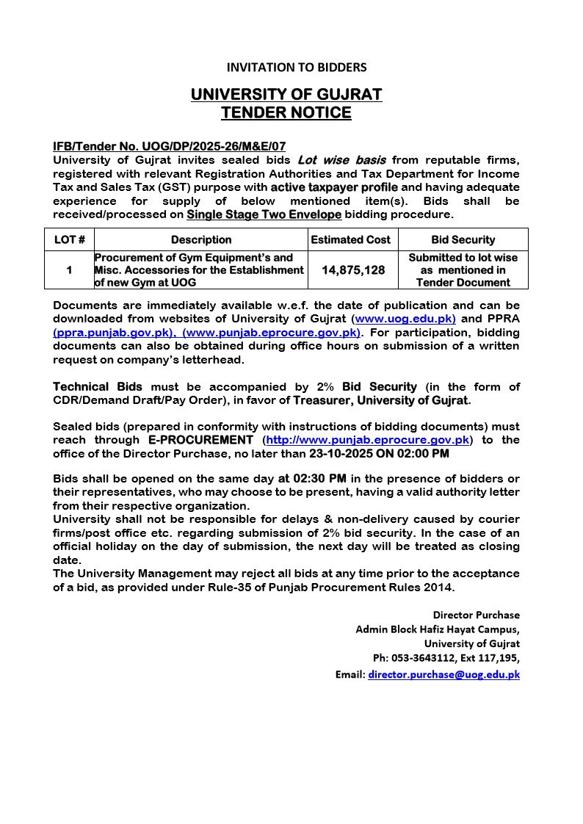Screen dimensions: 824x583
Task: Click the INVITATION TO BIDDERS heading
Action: pos(296,68)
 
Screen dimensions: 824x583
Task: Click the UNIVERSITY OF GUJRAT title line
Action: pos(286,95)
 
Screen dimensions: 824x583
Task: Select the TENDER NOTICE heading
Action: pos(286,113)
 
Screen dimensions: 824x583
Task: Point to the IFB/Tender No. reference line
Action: pos(170,147)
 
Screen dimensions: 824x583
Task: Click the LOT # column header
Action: pos(70,239)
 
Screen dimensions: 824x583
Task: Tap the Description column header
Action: pos(201,239)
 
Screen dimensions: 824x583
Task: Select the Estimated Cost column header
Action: pos(351,239)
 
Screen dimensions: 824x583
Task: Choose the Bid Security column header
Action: pos(463,239)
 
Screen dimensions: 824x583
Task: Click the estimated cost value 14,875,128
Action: pos(353,270)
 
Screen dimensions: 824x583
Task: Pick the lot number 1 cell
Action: pos(69,270)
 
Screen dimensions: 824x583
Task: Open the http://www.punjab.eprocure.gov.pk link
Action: pos(368,440)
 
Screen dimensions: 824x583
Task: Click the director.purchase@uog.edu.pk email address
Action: pos(443,674)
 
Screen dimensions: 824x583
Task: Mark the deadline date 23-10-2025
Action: pos(341,454)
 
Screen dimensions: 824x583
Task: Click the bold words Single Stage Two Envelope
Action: pos(264,215)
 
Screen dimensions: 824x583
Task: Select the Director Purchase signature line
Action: pos(476,615)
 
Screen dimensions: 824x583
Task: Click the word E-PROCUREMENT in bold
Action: pos(200,440)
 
